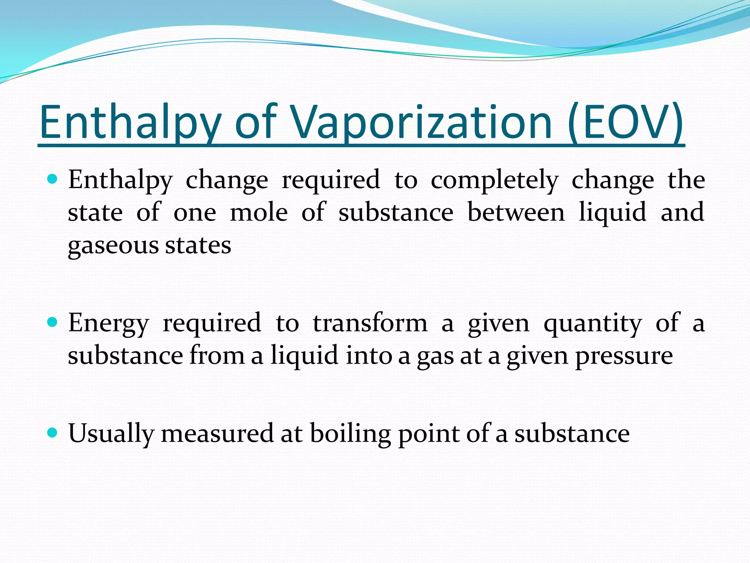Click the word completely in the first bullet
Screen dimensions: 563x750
494,180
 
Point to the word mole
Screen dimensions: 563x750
259,213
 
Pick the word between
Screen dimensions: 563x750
516,213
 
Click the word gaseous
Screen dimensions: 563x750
113,246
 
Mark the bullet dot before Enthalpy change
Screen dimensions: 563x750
53,179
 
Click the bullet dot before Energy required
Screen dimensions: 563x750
53,323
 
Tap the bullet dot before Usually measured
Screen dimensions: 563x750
53,433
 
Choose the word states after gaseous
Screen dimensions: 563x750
198,246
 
